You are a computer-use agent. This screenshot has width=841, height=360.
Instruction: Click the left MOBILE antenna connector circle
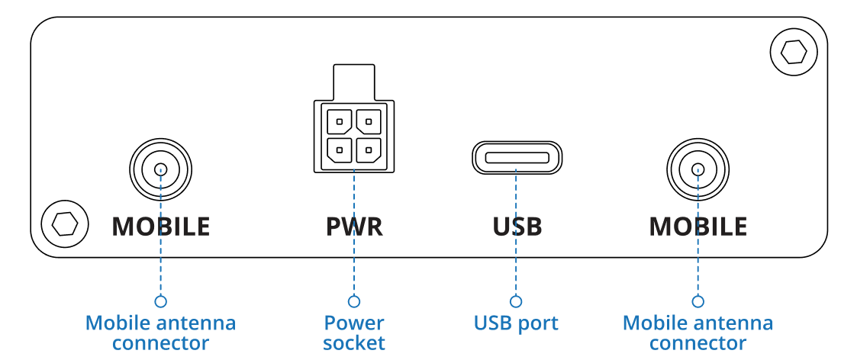(160, 169)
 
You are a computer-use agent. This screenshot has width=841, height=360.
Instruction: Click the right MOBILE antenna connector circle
(698, 169)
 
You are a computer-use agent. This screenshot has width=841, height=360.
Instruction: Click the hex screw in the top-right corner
(794, 53)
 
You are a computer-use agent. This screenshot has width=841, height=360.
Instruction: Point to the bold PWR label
(353, 227)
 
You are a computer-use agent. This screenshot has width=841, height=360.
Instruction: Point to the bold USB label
(517, 227)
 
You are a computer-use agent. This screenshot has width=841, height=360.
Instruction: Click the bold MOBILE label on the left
(160, 227)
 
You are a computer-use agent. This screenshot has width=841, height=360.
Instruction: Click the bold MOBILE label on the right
(698, 227)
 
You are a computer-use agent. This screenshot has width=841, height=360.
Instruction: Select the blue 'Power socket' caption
(353, 333)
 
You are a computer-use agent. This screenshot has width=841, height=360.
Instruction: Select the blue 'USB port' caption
(516, 323)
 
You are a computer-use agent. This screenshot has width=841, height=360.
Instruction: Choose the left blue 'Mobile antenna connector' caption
(160, 333)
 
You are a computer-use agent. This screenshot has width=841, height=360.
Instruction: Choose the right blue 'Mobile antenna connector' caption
(698, 333)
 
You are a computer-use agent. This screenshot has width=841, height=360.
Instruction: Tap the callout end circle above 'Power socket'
(353, 301)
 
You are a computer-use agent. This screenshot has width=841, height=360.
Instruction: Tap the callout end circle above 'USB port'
(516, 301)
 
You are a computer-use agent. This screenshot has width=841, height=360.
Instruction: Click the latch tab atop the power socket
(353, 81)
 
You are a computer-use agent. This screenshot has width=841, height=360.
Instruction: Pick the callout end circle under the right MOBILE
(698, 301)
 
